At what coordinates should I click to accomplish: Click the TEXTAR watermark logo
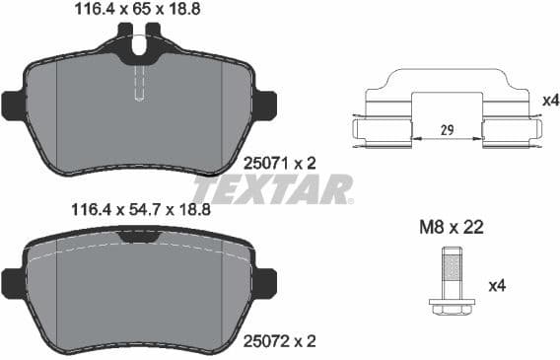(x=272, y=187)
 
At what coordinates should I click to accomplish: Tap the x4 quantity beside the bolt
(x=499, y=286)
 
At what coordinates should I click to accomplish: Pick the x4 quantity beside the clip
(x=549, y=100)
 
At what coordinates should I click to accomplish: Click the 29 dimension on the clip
(x=447, y=129)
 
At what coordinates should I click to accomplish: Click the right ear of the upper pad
(x=264, y=103)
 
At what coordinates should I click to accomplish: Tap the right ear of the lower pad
(x=264, y=280)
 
